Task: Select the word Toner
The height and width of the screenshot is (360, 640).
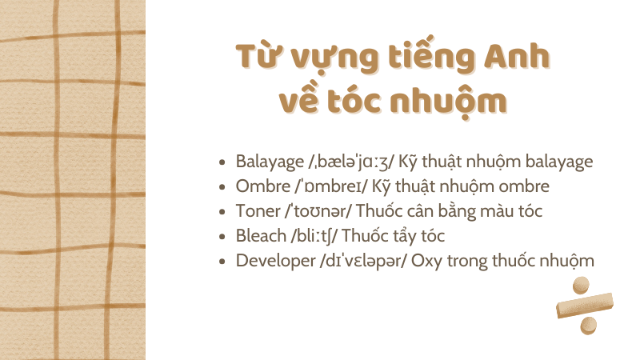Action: (254, 211)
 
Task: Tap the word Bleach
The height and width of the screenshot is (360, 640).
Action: (259, 236)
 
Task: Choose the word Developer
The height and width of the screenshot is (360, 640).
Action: (272, 262)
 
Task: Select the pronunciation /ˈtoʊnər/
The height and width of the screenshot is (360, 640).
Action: (314, 211)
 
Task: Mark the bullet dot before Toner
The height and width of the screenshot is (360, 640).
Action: (222, 212)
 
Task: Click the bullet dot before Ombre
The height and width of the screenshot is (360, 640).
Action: (222, 187)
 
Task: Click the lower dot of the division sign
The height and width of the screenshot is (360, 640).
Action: (589, 326)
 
